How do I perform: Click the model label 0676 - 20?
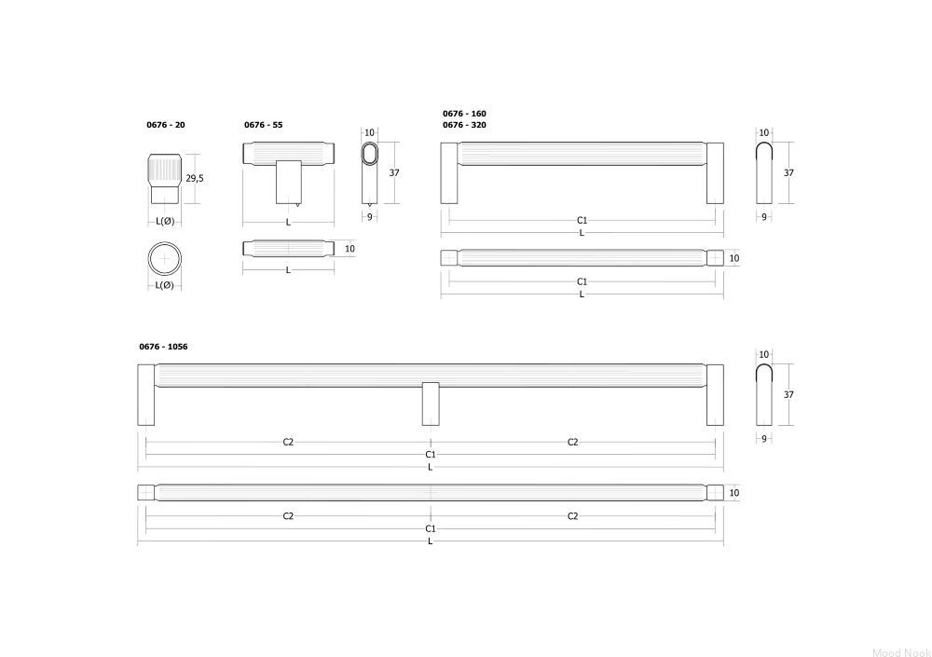click(166, 125)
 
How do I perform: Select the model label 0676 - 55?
click(264, 125)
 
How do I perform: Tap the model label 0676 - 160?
click(464, 114)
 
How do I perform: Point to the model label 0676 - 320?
click(464, 125)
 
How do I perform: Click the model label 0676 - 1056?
click(163, 347)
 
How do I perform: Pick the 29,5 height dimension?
click(195, 178)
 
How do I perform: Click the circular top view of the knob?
click(165, 260)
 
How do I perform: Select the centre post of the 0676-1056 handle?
click(431, 404)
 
